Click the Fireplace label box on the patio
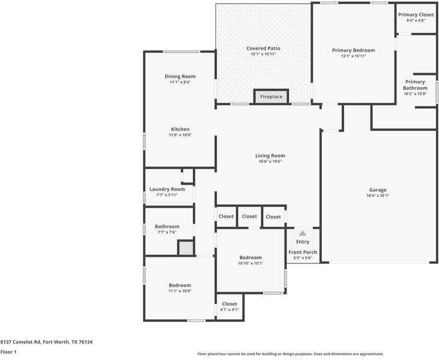(x=271, y=97)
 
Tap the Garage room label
(x=377, y=190)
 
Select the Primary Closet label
(x=416, y=14)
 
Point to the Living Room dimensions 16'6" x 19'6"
(x=270, y=161)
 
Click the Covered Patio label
(x=263, y=48)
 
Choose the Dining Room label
(x=180, y=76)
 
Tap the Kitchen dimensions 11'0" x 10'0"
(x=180, y=135)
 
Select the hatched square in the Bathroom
(x=186, y=248)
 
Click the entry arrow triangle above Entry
(x=303, y=233)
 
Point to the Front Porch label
(x=303, y=252)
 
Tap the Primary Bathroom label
(x=415, y=85)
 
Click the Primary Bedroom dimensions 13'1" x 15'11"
(x=353, y=56)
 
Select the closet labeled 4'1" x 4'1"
(x=229, y=307)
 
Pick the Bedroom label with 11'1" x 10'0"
(x=180, y=285)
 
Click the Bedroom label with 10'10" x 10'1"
(x=250, y=257)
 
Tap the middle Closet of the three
(x=249, y=217)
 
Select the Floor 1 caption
(x=8, y=352)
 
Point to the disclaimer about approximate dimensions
(x=291, y=354)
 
